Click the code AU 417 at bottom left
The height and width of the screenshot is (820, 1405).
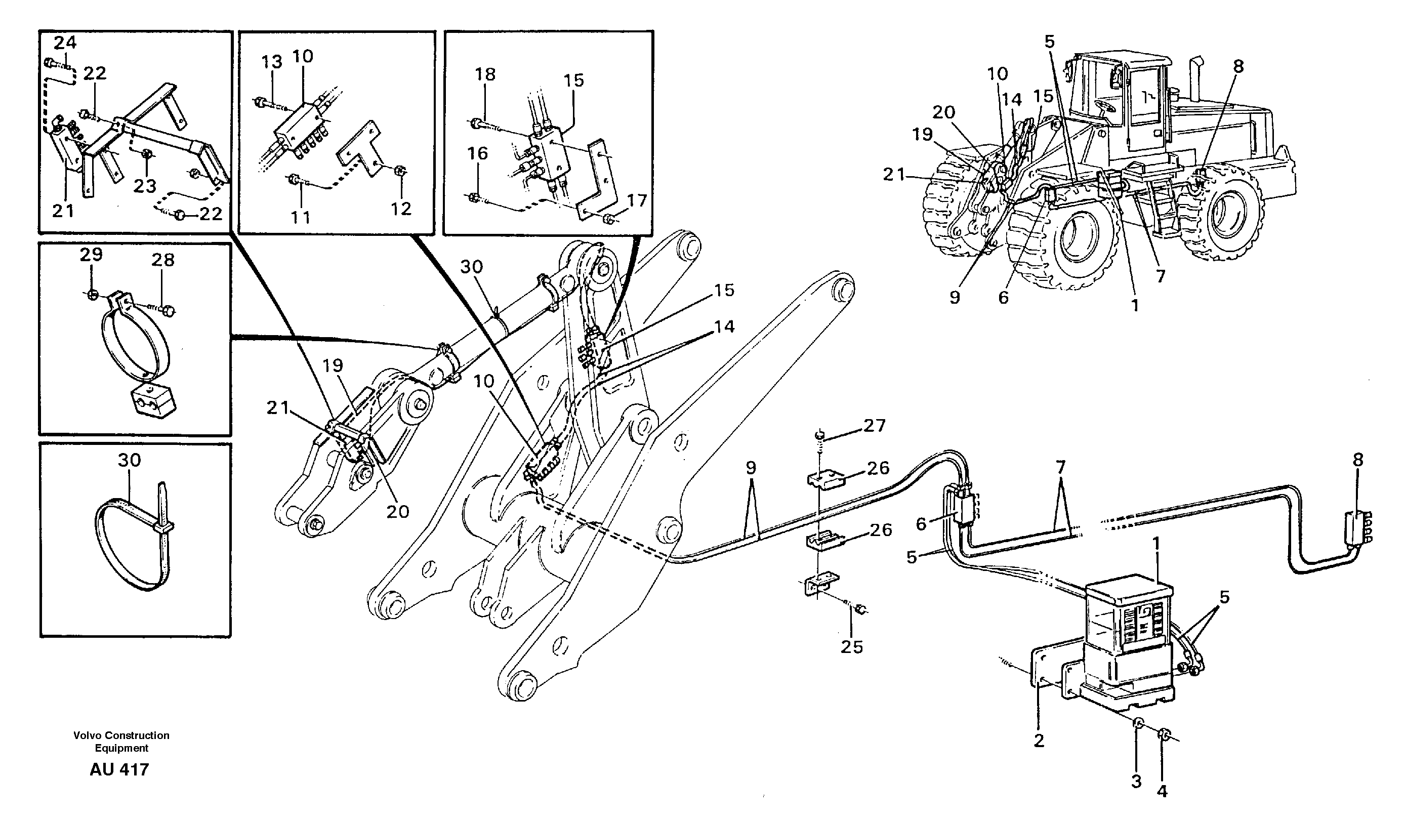[119, 770]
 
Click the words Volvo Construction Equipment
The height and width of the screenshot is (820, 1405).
[121, 742]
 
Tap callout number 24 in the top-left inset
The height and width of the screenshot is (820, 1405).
[65, 43]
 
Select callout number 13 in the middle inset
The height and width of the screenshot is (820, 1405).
[272, 62]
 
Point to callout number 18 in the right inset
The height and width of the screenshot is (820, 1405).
[485, 74]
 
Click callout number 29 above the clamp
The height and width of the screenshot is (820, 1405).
[91, 255]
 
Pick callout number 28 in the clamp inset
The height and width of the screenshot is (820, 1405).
[162, 260]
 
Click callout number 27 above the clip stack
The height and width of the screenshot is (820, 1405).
[874, 426]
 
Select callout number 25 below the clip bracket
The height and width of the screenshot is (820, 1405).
[851, 646]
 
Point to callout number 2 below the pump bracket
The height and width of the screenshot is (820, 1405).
[1039, 741]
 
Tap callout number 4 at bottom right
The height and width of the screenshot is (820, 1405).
[1162, 791]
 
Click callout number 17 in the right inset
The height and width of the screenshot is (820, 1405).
[637, 200]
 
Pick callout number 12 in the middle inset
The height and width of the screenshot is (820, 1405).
[401, 209]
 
